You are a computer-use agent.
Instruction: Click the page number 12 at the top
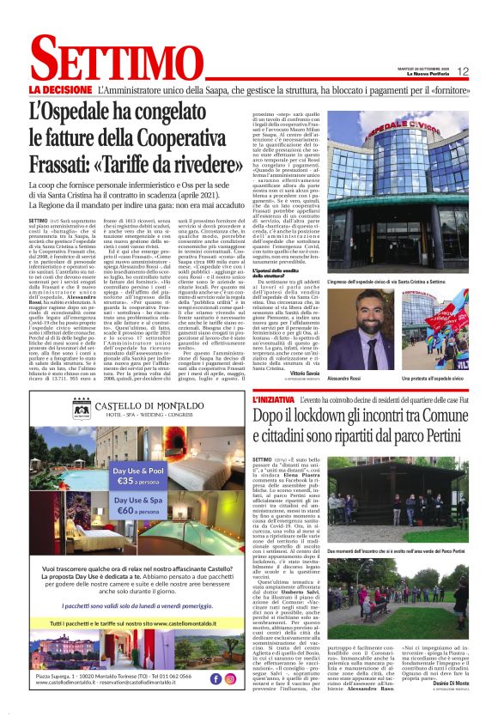(464, 71)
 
